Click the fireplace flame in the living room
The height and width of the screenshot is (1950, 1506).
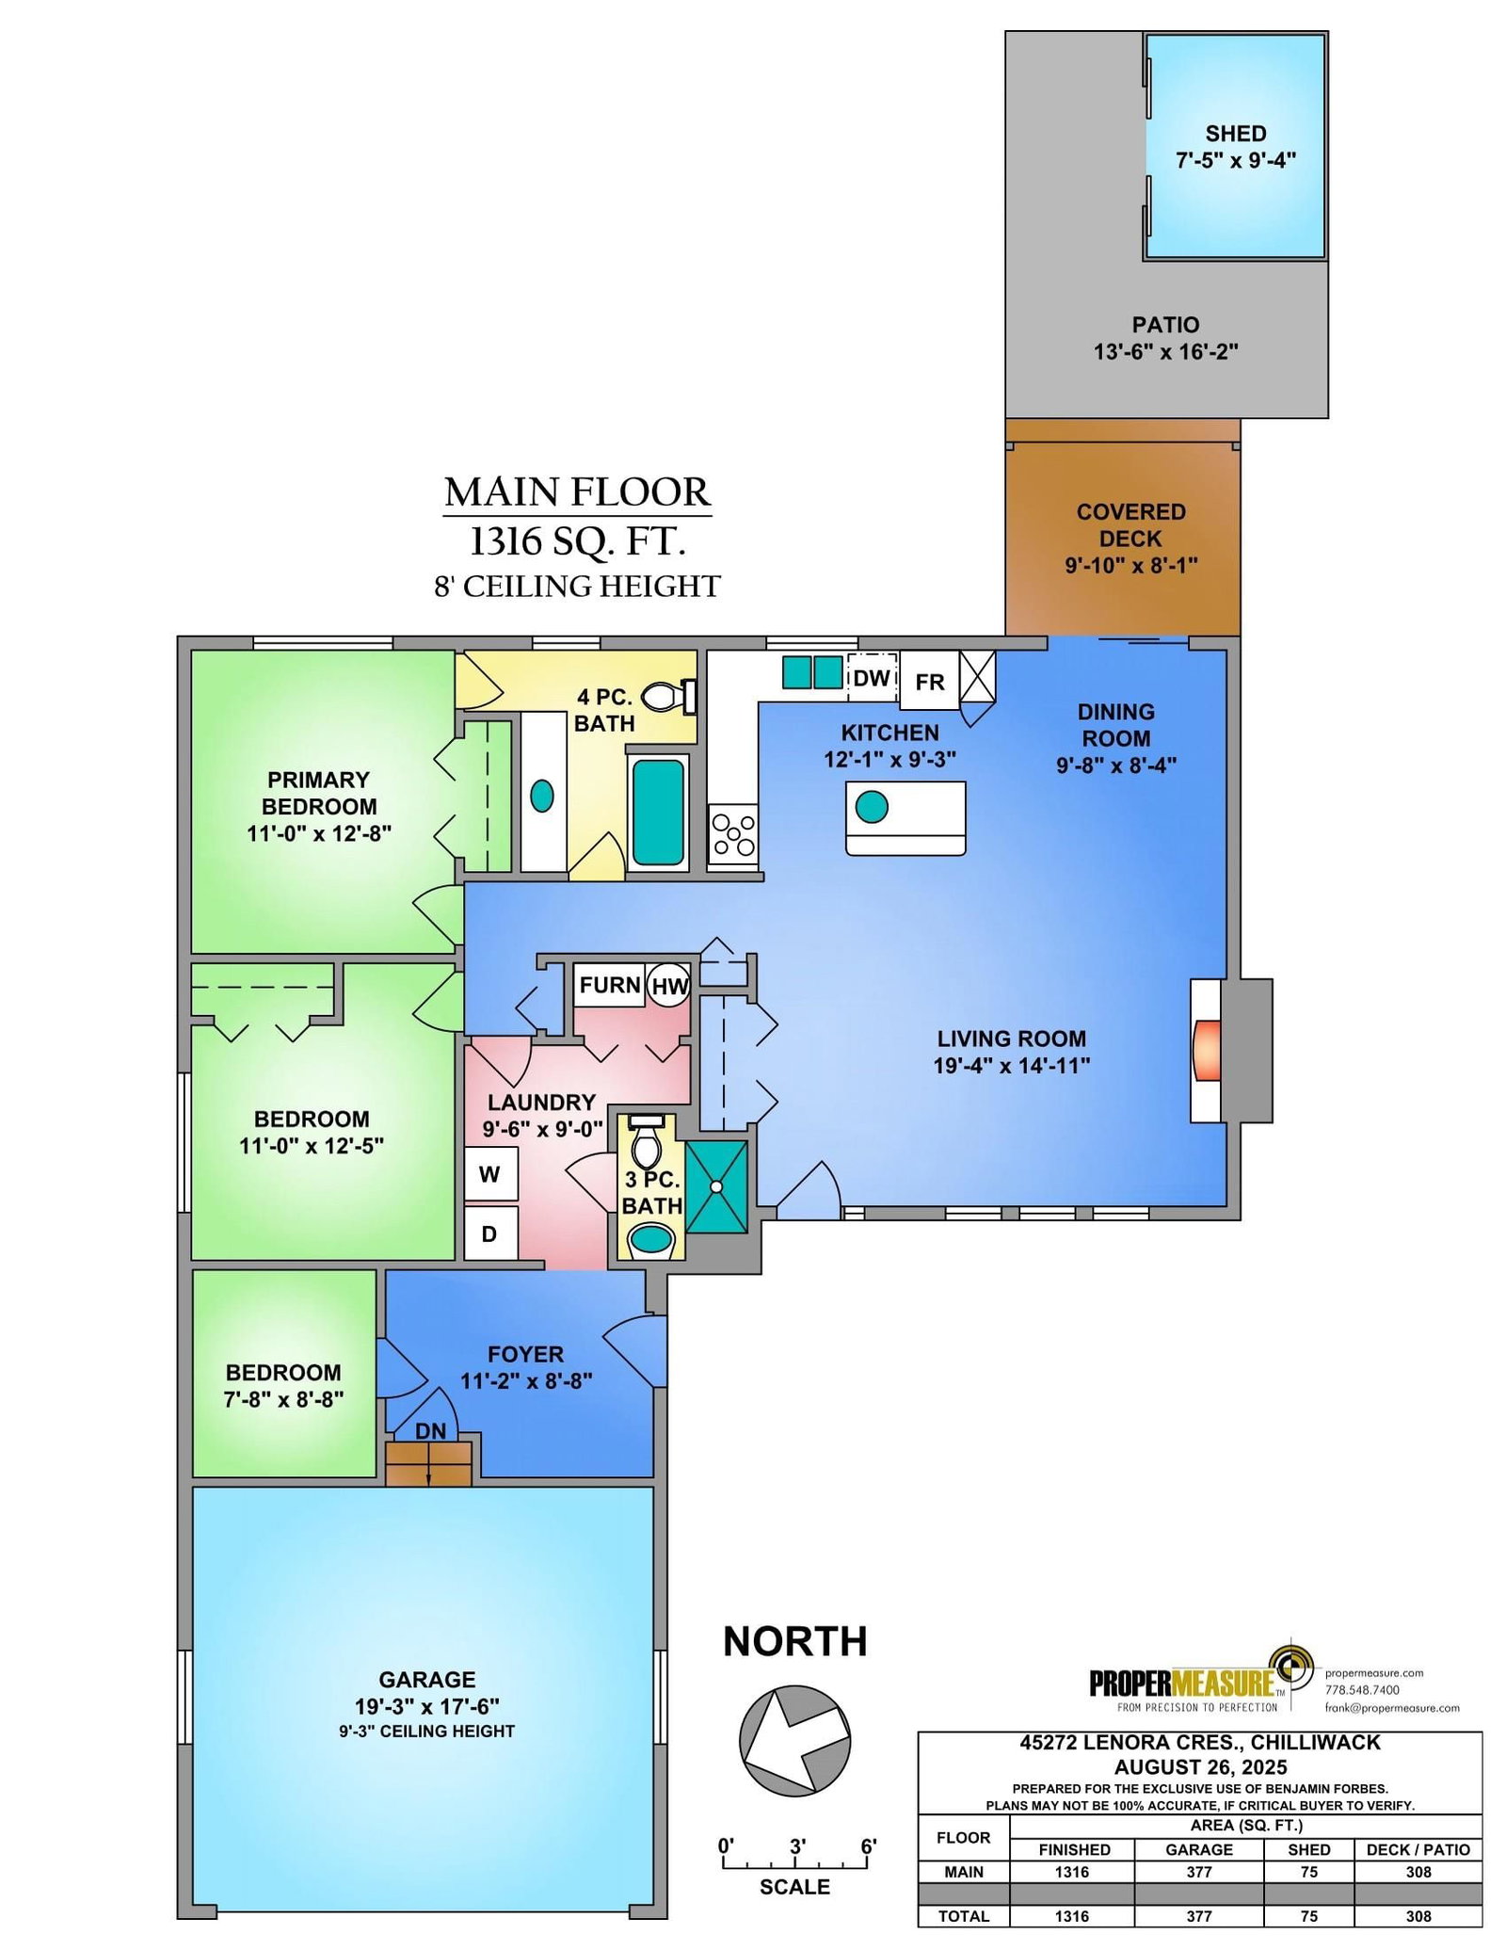click(x=1207, y=1051)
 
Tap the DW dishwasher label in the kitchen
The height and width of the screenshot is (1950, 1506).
click(x=872, y=678)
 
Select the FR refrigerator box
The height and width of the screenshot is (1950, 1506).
click(x=930, y=680)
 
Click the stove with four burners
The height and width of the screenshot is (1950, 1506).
click(x=733, y=834)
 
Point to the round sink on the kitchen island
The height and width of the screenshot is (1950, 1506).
click(x=871, y=807)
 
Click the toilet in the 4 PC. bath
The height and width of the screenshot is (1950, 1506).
click(x=669, y=698)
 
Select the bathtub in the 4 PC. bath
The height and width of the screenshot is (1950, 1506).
click(x=658, y=812)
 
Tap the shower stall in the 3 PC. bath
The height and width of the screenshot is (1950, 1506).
click(x=717, y=1186)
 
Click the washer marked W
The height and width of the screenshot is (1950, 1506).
click(x=490, y=1174)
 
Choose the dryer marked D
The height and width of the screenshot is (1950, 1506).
click(x=490, y=1233)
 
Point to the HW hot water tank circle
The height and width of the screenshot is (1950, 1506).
click(x=669, y=986)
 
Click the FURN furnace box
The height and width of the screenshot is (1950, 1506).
click(x=610, y=985)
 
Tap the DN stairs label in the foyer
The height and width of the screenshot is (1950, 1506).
click(x=431, y=1431)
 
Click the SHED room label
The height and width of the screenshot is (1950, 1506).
click(x=1236, y=134)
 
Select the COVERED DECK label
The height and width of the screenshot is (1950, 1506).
click(x=1131, y=525)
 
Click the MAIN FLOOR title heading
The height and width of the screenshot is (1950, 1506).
click(x=577, y=492)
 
